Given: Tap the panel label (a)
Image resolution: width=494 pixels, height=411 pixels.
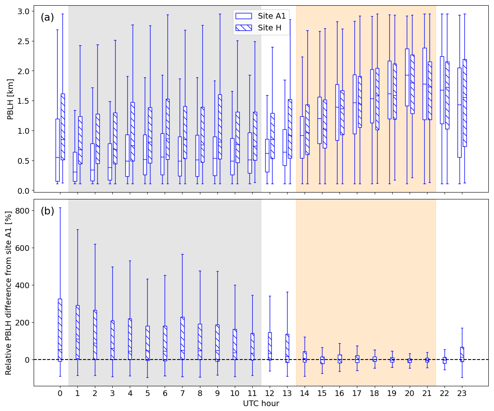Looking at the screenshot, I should coord(47,17).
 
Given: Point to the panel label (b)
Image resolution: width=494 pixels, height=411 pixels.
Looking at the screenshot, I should coord(47,211).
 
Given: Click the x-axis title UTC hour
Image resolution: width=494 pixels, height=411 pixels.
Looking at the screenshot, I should coord(261,404).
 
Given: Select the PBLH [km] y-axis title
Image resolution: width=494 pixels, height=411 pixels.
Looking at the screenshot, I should coord(11,99).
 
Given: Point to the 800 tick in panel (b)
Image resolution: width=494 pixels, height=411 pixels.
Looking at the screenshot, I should coord(22,211).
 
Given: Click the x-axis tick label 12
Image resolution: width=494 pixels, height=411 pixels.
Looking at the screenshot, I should coord(269,393).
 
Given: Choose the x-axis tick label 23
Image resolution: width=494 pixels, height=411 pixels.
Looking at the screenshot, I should coord(462,393).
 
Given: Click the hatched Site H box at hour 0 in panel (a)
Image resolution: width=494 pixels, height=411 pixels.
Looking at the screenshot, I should coord(62,126).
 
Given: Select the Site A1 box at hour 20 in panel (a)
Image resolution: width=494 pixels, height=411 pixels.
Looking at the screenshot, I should coord(407,77).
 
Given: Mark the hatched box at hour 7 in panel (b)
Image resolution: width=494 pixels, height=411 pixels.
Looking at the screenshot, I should coord(182,338).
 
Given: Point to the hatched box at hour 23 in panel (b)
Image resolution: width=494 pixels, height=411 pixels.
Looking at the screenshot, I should coord(462,354).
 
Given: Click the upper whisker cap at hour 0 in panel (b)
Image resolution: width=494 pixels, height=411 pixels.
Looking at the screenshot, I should coord(60,208).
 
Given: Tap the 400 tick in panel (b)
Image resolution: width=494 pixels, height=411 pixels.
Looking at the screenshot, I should coord(22,285).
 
